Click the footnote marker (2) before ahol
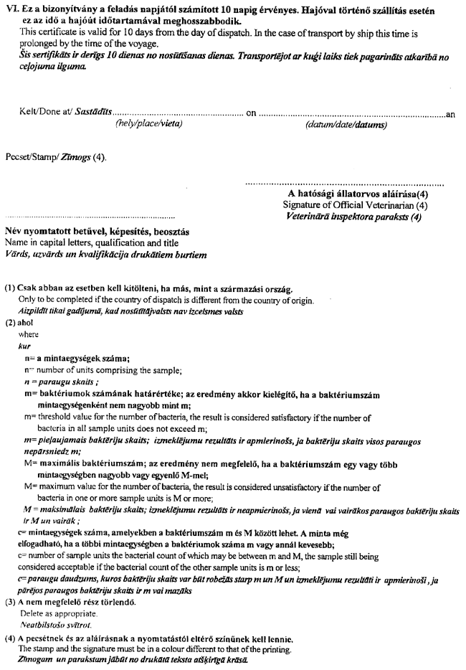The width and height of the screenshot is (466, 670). pos(10,323)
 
